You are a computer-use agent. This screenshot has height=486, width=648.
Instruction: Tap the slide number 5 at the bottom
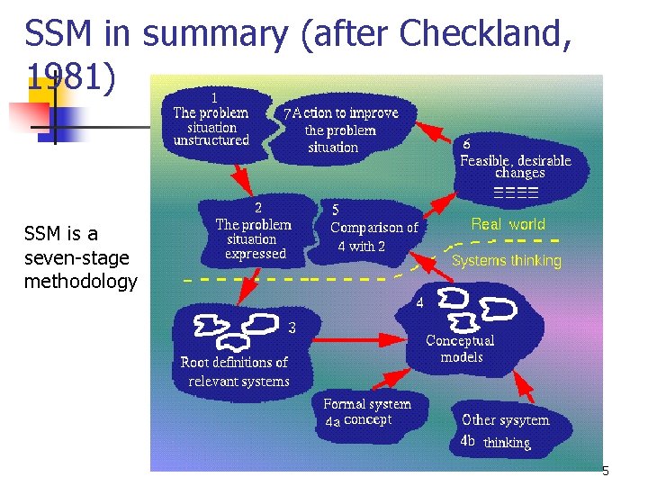[x=605, y=472]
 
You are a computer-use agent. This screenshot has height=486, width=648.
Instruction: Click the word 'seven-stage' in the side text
[x=77, y=258]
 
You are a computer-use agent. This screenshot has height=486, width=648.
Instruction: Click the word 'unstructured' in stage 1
[x=211, y=140]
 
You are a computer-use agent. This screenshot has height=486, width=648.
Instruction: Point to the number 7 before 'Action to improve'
[x=286, y=114]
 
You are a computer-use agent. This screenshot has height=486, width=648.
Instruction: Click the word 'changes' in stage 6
[x=520, y=173]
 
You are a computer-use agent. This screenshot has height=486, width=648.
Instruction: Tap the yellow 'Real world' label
[x=508, y=224]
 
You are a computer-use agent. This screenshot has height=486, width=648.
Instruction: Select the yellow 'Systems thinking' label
[x=506, y=261]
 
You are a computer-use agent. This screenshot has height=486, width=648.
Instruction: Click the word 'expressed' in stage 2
[x=256, y=254]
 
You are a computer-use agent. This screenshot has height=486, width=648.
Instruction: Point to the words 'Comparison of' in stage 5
[x=374, y=228]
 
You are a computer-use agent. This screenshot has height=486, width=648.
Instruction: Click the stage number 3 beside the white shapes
[x=292, y=328]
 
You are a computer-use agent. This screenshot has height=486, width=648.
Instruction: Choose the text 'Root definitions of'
[x=234, y=363]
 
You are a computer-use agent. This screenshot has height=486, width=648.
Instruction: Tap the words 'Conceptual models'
[x=460, y=348]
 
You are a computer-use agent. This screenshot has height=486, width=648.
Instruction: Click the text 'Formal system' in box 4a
[x=367, y=404]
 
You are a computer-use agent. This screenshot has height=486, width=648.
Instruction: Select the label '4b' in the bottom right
[x=467, y=441]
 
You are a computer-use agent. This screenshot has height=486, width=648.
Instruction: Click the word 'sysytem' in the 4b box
[x=526, y=420]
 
